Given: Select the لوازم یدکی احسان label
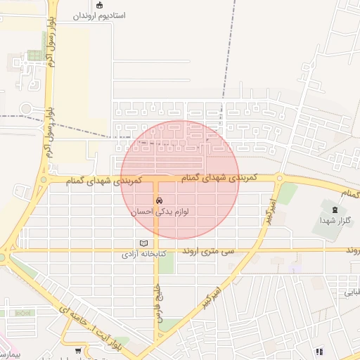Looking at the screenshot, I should (x=159, y=210).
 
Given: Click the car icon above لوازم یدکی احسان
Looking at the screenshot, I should (x=159, y=200).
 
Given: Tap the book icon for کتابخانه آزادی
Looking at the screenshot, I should (x=143, y=243).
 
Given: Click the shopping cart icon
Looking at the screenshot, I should (x=77, y=350).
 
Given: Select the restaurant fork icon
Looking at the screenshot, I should (x=319, y=351).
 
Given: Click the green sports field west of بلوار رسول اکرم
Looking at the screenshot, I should (x=33, y=56).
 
